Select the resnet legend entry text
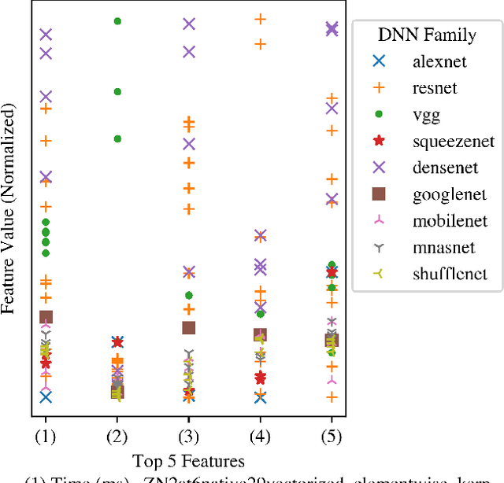pyautogui.click(x=435, y=87)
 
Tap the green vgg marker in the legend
pyautogui.click(x=379, y=114)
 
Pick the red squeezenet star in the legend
pyautogui.click(x=379, y=141)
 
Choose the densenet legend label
pyautogui.click(x=444, y=168)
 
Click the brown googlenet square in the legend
pyautogui.click(x=379, y=194)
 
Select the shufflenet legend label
pyautogui.click(x=450, y=275)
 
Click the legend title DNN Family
pyautogui.click(x=427, y=35)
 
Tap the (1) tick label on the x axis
pyautogui.click(x=46, y=434)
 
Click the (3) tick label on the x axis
pyautogui.click(x=189, y=434)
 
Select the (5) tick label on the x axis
pyautogui.click(x=332, y=434)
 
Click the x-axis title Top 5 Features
pyautogui.click(x=188, y=460)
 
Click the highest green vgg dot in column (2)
pyautogui.click(x=117, y=21)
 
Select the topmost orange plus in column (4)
pyautogui.click(x=261, y=19)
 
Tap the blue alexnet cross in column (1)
pyautogui.click(x=46, y=397)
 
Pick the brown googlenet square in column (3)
pyautogui.click(x=189, y=327)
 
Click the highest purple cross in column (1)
pyautogui.click(x=46, y=35)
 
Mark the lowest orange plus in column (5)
pyautogui.click(x=332, y=397)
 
